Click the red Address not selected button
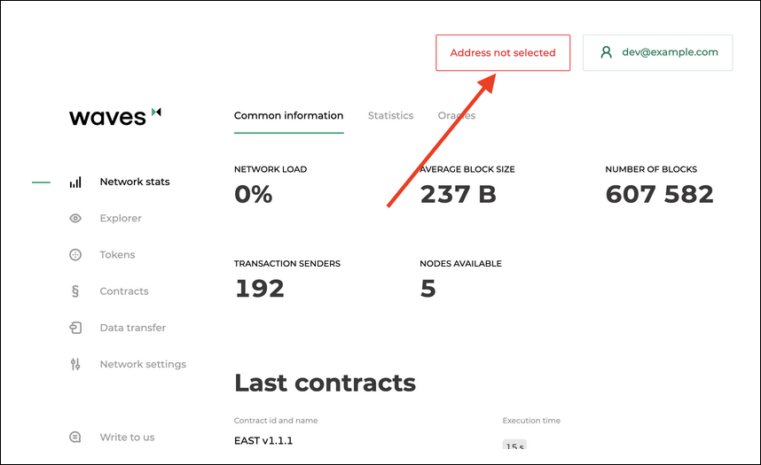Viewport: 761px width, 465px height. (x=503, y=52)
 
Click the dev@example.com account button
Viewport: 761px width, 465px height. (x=657, y=52)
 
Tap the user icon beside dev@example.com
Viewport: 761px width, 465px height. (x=607, y=52)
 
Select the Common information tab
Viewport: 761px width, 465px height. (x=288, y=115)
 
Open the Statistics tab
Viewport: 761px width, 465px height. (x=390, y=115)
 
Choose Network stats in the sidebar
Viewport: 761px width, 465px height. (x=134, y=182)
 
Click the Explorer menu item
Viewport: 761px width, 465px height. (x=121, y=218)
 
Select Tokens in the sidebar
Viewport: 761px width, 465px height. (x=117, y=254)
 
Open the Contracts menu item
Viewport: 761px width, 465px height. (x=124, y=291)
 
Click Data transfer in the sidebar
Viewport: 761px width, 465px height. (x=132, y=328)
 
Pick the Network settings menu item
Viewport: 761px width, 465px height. (x=143, y=364)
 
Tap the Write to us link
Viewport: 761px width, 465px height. (x=127, y=437)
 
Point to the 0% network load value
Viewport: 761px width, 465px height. (x=254, y=194)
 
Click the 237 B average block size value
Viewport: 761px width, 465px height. (x=458, y=194)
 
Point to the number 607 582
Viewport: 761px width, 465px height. (x=659, y=194)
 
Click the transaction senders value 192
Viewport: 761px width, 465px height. (x=259, y=288)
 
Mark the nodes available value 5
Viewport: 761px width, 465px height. (x=428, y=288)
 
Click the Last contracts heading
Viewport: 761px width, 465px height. (x=325, y=383)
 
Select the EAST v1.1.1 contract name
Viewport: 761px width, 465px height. (x=263, y=440)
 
